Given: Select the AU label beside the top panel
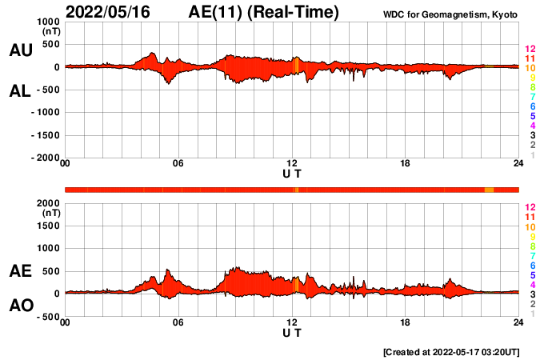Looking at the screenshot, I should point(21,50).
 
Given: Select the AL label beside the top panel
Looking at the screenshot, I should point(21,92).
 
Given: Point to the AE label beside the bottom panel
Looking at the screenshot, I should point(21,272).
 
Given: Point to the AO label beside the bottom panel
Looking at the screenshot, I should point(21,306).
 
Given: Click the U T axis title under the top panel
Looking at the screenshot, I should point(292,174).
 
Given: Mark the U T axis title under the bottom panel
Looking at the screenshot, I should point(292,332).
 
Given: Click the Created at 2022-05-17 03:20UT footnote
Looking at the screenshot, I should point(451,351).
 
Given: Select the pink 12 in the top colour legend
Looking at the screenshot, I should point(529,50).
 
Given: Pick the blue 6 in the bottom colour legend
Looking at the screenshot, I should point(530,265).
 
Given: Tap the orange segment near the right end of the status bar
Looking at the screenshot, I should point(489,190).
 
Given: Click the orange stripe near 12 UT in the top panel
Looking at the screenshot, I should point(296,66).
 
